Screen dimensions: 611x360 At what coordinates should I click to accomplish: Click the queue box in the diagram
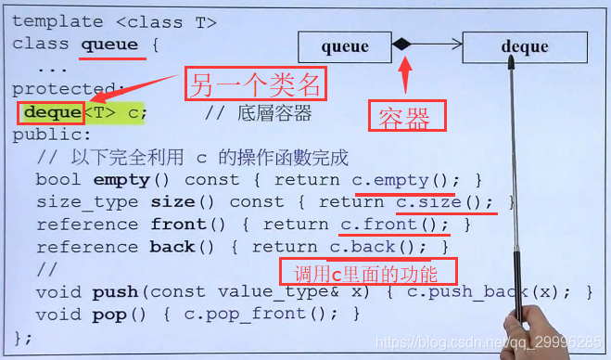point(344,45)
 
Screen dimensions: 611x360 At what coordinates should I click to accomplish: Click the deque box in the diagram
point(524,45)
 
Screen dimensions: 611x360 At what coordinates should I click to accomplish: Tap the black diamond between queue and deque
point(401,45)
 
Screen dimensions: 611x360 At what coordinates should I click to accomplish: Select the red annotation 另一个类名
point(256,86)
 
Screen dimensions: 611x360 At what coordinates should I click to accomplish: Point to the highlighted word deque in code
point(52,112)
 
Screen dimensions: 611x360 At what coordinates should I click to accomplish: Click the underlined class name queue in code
point(109,45)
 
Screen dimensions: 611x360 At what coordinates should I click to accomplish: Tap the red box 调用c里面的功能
point(370,272)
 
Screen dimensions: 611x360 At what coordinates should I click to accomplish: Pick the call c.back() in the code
point(376,247)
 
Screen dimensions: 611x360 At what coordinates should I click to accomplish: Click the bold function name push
point(115,292)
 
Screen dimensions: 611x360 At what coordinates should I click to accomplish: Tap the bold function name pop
point(109,315)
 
